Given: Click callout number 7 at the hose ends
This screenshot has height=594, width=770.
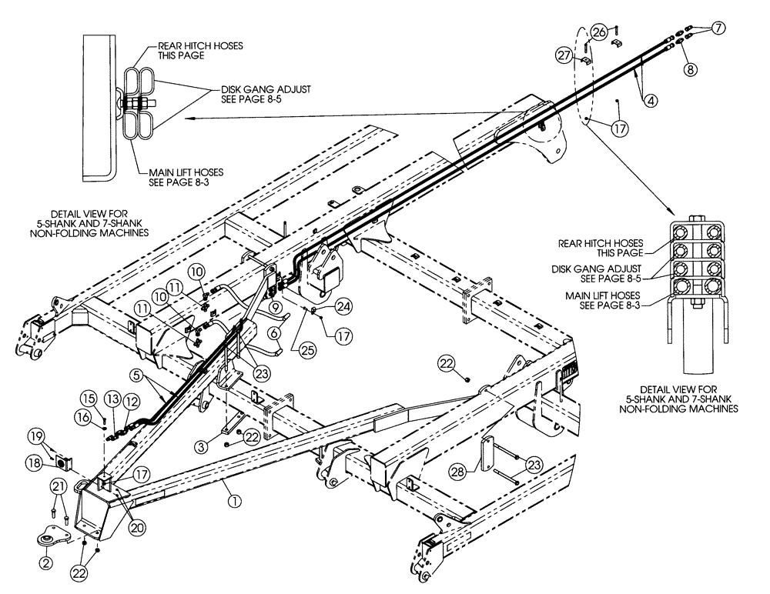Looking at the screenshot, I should pos(718,28).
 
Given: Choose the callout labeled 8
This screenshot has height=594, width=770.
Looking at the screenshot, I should pos(691,69).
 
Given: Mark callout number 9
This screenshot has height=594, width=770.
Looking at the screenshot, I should pos(275,308).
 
